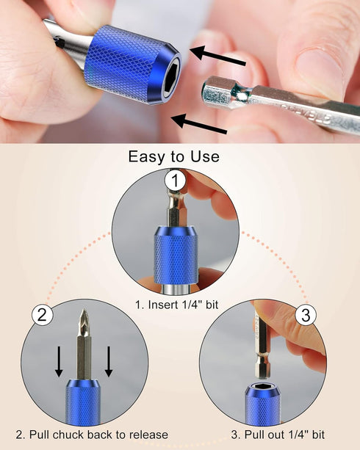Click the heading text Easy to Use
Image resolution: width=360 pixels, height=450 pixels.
click(173, 156)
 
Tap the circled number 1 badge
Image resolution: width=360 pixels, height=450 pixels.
click(174, 180)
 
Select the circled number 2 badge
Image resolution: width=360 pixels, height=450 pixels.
click(42, 316)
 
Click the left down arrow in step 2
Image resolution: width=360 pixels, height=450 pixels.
click(60, 360)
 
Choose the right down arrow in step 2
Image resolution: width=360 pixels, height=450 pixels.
click(109, 360)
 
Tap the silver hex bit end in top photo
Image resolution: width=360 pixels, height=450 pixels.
click(221, 92)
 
